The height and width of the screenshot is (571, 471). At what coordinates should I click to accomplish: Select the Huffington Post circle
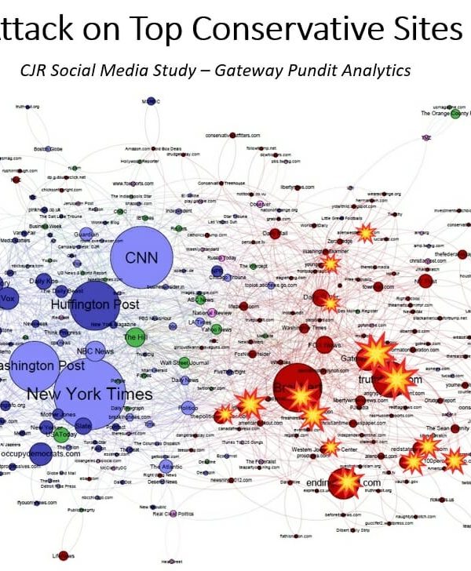tap(95, 304)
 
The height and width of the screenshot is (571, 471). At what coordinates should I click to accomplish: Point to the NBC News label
tap(95, 351)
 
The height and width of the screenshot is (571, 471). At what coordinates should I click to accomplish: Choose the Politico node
tap(188, 408)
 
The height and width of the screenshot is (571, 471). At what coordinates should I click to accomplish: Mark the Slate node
tap(84, 424)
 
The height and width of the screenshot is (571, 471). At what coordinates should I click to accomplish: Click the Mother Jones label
tap(57, 413)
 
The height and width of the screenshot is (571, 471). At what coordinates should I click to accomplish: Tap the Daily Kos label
tap(43, 280)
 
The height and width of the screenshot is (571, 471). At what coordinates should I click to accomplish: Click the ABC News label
tap(202, 299)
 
